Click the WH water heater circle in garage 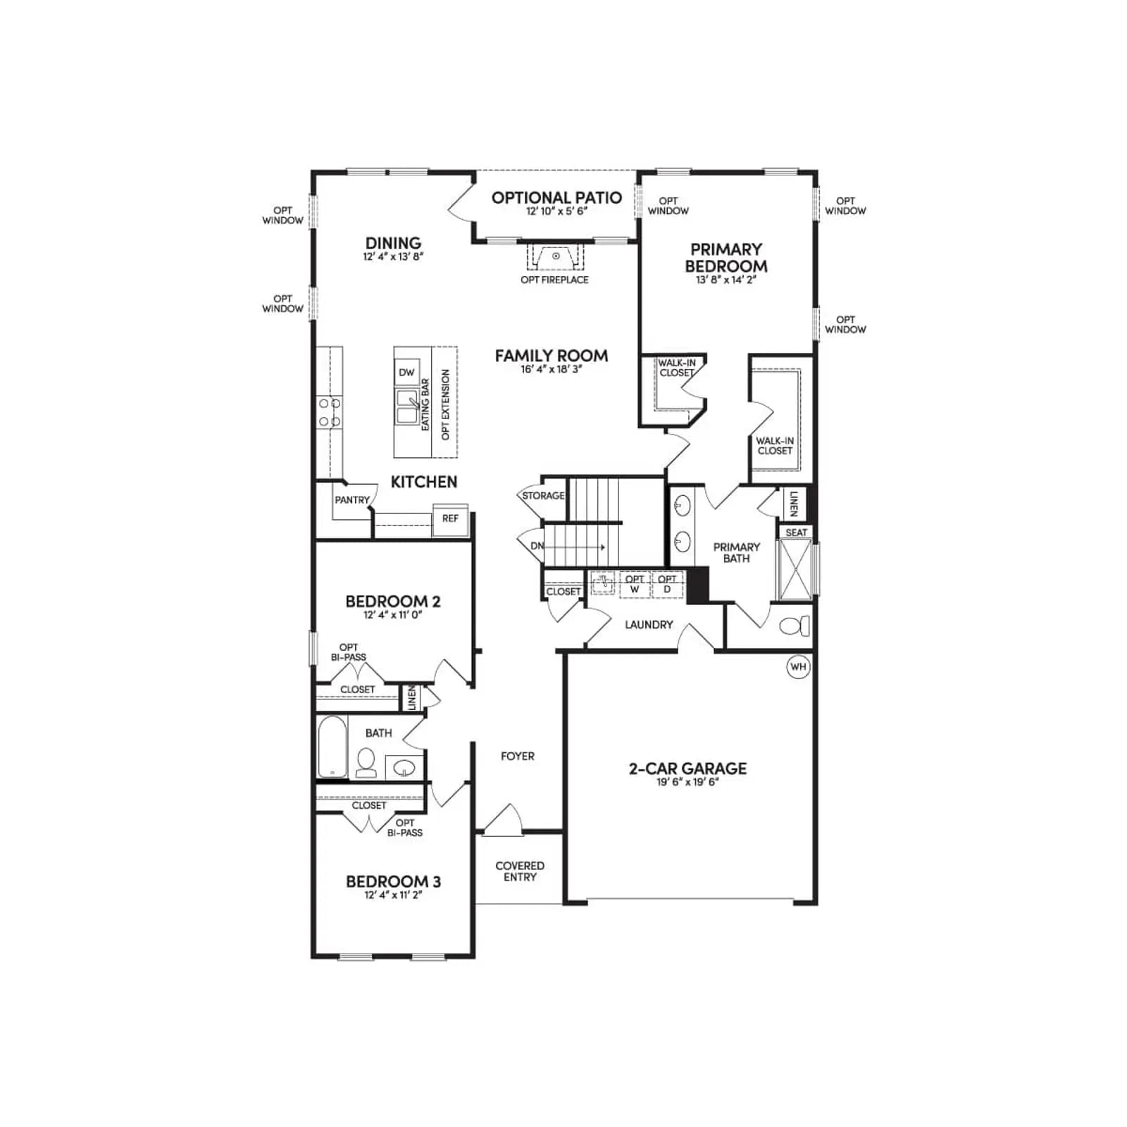tap(798, 666)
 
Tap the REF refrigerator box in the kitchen tap(450, 520)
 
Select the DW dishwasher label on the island tap(406, 373)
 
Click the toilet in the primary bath tap(795, 625)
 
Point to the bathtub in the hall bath tap(332, 747)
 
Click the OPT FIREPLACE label tap(554, 280)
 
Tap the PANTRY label tap(352, 500)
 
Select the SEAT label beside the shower tap(797, 533)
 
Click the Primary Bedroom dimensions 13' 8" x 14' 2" tap(726, 280)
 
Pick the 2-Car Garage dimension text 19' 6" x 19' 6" tap(687, 782)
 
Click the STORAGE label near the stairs tap(543, 496)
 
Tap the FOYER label tap(518, 756)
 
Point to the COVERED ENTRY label tap(520, 871)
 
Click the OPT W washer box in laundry tap(635, 585)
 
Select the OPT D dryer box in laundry tap(667, 585)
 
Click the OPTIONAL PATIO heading tap(556, 198)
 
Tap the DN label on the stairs tap(537, 546)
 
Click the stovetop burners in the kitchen tap(329, 412)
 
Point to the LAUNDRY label tap(649, 625)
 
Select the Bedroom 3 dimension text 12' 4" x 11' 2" tap(393, 895)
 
